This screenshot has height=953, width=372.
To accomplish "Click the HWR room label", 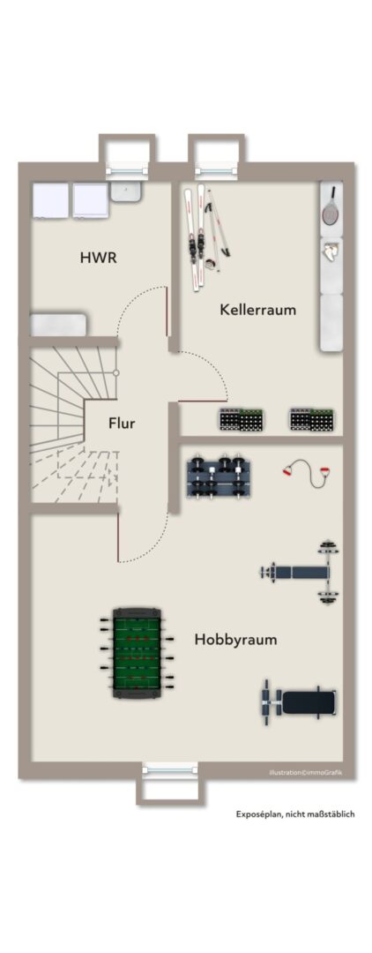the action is point(98,257).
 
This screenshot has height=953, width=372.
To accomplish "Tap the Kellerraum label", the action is point(258,310).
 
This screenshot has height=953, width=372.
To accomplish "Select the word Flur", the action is point(122,423).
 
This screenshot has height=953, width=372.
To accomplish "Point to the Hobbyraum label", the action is point(236,640).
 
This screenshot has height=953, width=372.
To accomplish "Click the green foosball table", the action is point(138,653).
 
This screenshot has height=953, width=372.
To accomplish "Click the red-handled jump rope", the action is point(306,474).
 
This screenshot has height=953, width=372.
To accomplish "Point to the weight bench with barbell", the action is point(301,572).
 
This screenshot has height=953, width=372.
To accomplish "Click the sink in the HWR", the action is point(127,192).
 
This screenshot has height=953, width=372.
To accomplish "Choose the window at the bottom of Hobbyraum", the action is point(170,770).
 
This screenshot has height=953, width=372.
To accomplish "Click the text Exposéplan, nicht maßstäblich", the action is point(295,814).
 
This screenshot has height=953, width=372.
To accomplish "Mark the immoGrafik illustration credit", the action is point(306,772).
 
